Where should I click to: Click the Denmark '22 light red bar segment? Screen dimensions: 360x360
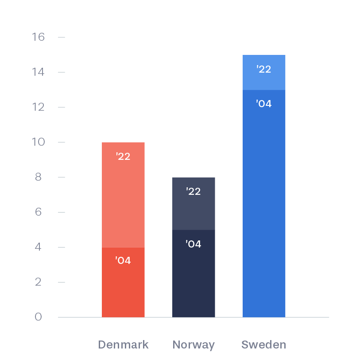click(x=123, y=195)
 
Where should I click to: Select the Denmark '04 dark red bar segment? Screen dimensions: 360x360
click(x=123, y=282)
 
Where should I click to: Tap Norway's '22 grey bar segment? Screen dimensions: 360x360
click(x=194, y=204)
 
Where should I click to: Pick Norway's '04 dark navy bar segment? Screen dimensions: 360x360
click(x=194, y=274)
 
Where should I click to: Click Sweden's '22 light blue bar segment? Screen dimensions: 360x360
click(x=264, y=72)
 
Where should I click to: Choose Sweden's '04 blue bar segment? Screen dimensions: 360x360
click(x=264, y=204)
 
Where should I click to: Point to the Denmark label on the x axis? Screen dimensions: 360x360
click(x=123, y=345)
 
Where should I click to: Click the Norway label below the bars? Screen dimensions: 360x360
click(x=194, y=345)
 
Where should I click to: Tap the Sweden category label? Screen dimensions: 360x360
click(x=264, y=345)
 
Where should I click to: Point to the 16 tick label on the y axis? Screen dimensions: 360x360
click(x=38, y=37)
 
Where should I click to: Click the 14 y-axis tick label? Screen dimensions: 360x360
click(x=38, y=72)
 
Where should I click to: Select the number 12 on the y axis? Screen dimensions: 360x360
click(x=38, y=107)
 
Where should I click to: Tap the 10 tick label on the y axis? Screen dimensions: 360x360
click(x=38, y=142)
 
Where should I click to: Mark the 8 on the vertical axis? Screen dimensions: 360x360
click(x=38, y=177)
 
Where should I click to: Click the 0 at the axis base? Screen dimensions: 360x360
click(x=38, y=317)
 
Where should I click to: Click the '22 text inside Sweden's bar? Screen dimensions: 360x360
click(x=264, y=69)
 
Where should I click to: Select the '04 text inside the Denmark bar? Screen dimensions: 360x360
click(x=123, y=260)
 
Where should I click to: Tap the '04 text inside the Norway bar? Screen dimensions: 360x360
click(x=194, y=244)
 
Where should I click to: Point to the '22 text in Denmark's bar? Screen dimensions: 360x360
click(x=123, y=156)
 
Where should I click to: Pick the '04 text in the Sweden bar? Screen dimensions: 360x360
click(x=264, y=104)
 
